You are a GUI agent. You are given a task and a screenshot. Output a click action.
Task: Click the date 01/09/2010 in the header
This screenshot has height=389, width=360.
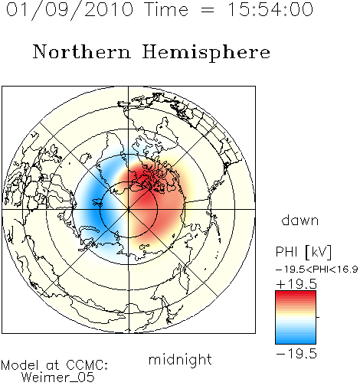tap(70, 10)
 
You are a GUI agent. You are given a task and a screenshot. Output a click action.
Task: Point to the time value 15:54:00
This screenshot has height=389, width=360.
tap(270, 9)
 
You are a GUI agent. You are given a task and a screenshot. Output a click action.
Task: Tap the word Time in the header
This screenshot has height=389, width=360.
tap(166, 9)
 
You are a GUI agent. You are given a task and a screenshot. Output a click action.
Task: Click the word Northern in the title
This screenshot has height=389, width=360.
tap(82, 51)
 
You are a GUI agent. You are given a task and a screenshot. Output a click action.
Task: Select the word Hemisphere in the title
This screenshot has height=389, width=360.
tap(206, 53)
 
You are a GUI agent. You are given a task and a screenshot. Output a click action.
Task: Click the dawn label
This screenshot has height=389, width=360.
tap(300, 221)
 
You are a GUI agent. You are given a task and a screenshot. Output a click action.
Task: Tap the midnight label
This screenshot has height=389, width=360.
tap(180, 360)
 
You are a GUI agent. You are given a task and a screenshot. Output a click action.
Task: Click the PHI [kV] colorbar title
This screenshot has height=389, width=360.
tap(303, 252)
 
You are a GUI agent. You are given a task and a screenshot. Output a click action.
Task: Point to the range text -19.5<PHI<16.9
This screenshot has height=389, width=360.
tap(317, 270)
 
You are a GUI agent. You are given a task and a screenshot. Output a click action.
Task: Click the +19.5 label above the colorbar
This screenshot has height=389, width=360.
tap(296, 284)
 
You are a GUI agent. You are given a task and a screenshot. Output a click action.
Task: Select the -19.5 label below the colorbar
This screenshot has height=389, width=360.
tap(296, 354)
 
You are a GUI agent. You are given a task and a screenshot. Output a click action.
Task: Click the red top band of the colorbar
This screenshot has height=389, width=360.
tap(296, 295)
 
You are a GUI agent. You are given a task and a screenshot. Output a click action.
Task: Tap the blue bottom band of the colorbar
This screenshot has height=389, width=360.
tap(296, 339)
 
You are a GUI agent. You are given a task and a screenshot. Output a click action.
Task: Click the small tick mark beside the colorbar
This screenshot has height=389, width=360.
tap(318, 317)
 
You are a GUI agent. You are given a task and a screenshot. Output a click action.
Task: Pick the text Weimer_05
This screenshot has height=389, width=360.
tap(58, 377)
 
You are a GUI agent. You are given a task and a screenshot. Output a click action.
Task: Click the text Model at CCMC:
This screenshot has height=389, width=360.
tap(54, 365)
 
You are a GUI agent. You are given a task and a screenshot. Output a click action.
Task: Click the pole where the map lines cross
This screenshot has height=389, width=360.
tap(129, 210)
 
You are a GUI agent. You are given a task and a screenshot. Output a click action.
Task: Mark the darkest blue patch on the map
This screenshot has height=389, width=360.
tap(97, 204)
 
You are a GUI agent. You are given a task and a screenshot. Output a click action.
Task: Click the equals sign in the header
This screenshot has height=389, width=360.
tap(208, 10)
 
